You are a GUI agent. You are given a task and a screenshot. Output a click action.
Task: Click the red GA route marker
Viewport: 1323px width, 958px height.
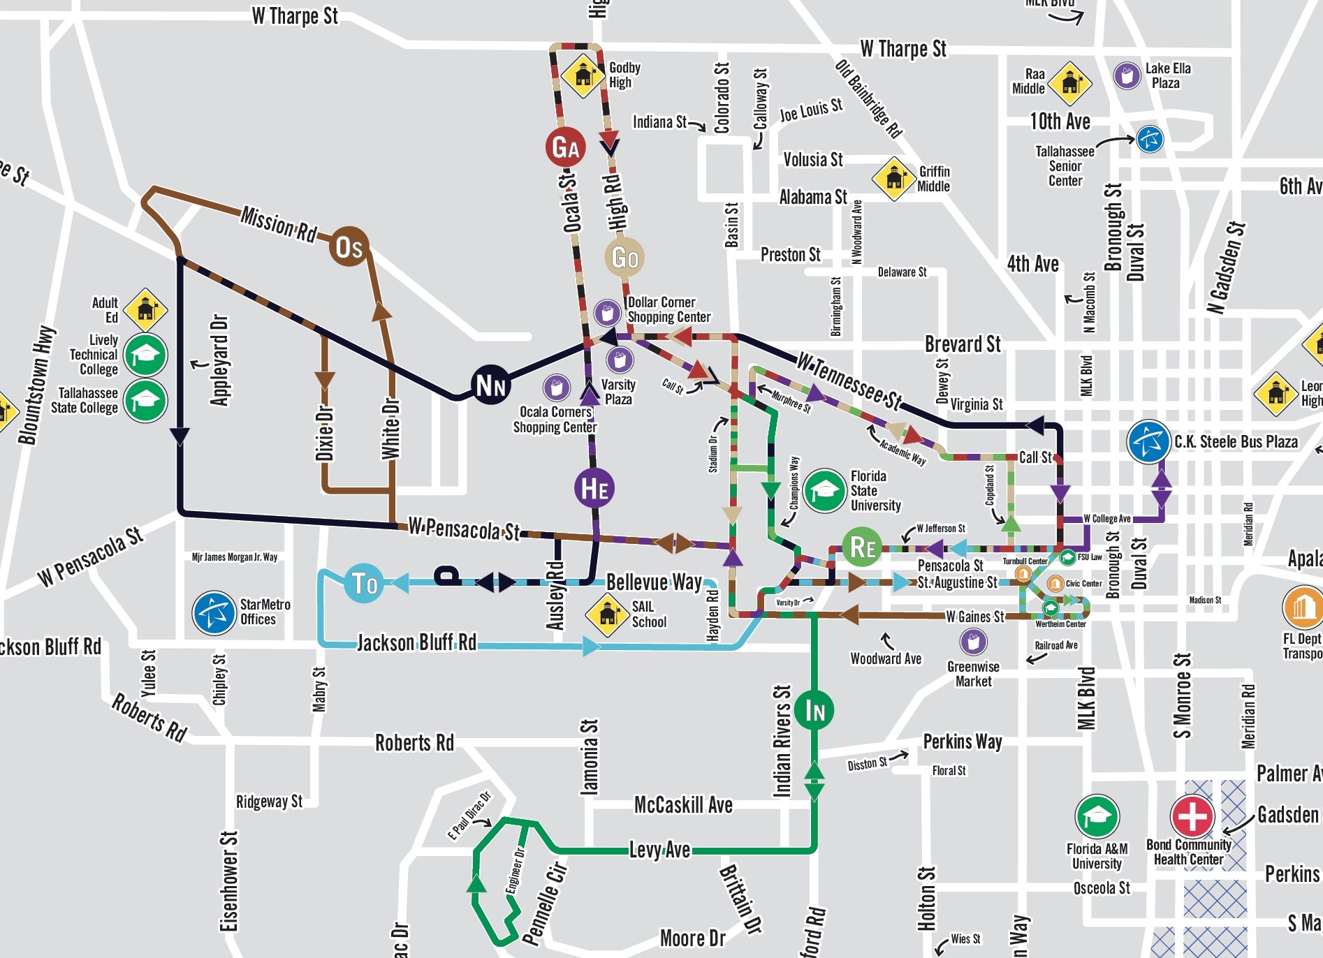[565, 147]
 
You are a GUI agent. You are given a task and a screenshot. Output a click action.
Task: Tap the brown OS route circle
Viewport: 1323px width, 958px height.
[349, 246]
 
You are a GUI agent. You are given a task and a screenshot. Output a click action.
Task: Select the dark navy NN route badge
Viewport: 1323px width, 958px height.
[490, 385]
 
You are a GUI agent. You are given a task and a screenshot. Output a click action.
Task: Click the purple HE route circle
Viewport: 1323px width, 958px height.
[594, 488]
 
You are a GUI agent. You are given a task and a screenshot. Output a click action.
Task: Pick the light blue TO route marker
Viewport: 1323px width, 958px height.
[364, 582]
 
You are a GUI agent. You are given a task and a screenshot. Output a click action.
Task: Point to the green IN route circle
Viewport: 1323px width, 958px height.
[814, 710]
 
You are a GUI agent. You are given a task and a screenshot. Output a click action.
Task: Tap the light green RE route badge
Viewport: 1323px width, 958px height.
[863, 547]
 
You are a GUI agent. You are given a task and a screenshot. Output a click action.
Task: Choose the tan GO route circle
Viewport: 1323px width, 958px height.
[624, 257]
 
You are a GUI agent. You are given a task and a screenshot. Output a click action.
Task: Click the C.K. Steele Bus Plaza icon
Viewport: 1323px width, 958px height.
[1148, 441]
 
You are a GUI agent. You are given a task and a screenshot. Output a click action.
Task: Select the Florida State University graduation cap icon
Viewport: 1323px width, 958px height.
[825, 490]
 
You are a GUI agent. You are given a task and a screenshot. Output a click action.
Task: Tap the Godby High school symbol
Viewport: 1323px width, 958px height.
[583, 75]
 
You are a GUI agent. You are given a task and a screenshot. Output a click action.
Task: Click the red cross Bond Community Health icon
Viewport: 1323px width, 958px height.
[1192, 816]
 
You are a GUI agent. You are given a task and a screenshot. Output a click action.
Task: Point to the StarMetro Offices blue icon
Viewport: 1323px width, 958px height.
[214, 612]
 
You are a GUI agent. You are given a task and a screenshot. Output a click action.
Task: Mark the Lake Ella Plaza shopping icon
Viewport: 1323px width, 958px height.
[1127, 75]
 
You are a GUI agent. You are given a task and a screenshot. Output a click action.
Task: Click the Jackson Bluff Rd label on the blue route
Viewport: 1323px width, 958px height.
[416, 642]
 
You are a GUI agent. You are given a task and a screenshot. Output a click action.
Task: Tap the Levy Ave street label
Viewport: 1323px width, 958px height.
[659, 850]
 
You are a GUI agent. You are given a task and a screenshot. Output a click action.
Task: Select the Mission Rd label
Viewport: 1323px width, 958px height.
[279, 223]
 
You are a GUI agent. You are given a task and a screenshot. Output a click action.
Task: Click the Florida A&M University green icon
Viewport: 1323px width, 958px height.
[1097, 816]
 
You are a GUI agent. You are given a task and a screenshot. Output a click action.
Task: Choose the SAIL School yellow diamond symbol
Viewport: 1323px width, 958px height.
[608, 614]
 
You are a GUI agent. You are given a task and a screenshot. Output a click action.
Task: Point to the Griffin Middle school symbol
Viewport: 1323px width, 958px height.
[894, 179]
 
